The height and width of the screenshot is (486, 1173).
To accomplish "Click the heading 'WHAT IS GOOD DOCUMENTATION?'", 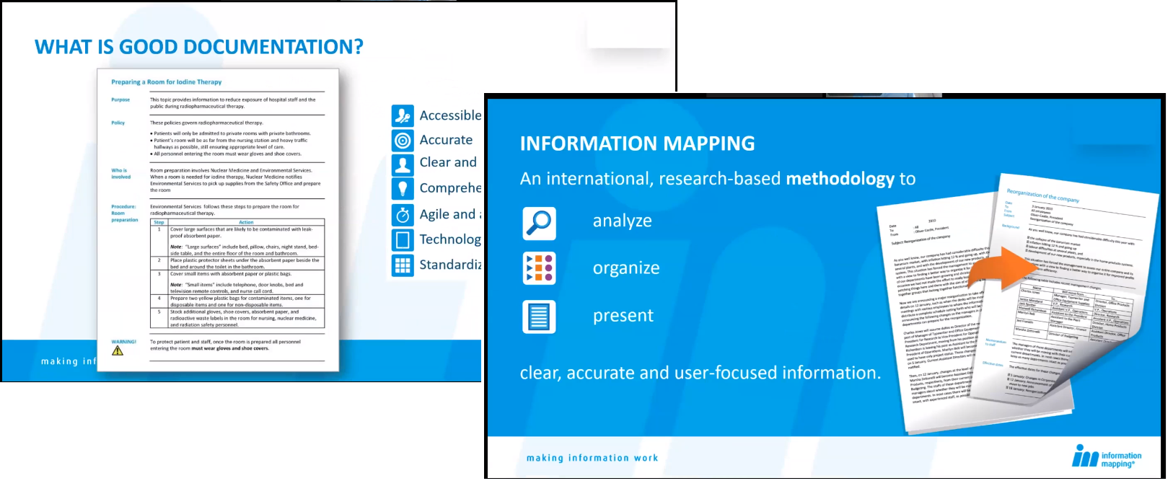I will [x=198, y=48].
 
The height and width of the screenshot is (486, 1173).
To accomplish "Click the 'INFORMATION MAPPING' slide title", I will [x=637, y=143].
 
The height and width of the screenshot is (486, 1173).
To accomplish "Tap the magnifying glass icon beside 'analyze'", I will [x=539, y=223].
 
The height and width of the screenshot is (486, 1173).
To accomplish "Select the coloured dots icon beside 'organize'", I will [x=539, y=268].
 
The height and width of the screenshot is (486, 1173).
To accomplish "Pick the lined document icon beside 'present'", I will [x=539, y=317].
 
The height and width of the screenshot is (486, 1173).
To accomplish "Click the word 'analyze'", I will [x=622, y=221].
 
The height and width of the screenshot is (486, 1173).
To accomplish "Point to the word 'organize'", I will [x=626, y=268].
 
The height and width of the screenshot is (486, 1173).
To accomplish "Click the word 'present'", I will [x=623, y=316].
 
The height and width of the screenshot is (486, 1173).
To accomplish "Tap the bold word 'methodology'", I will [x=840, y=179].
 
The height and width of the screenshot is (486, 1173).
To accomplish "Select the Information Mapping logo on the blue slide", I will [x=1107, y=456].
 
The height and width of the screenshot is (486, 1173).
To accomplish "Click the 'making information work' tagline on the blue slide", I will [x=592, y=458].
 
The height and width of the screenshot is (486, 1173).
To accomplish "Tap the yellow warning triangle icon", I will [x=118, y=351].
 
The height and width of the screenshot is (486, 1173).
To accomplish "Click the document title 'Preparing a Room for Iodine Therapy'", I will [x=166, y=82].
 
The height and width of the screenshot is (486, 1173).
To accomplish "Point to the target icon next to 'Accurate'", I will [x=403, y=141].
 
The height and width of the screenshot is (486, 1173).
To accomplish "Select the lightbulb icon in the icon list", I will [x=403, y=189].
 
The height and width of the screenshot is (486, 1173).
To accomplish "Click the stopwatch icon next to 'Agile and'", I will [x=403, y=215].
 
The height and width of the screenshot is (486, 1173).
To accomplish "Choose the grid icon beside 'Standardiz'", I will [x=403, y=265].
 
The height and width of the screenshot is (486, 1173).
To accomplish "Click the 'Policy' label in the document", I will [x=118, y=123].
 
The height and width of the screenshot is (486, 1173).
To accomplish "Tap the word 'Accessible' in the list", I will [x=450, y=115].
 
